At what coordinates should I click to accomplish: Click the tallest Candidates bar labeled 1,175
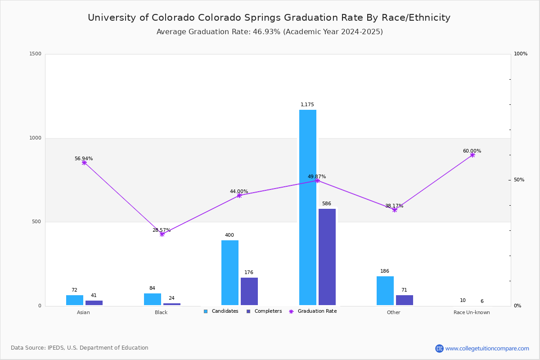tap(308, 207)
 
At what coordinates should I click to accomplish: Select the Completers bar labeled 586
tap(327, 257)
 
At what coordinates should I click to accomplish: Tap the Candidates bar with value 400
tap(230, 272)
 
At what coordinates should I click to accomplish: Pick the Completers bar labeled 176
tap(249, 291)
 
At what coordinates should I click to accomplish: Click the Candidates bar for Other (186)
tap(385, 291)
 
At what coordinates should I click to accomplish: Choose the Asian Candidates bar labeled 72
tap(75, 300)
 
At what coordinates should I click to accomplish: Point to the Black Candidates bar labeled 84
tap(153, 299)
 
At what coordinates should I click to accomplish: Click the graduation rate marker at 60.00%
tap(472, 155)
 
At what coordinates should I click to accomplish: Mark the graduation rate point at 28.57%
tap(162, 234)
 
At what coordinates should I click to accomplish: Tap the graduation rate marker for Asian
tap(84, 163)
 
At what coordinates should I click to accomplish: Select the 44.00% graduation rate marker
tap(239, 196)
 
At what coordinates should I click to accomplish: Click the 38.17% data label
tap(394, 206)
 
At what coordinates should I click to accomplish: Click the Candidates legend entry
tap(221, 311)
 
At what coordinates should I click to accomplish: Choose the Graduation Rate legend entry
tap(313, 311)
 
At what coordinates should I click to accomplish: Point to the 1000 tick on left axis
tap(35, 138)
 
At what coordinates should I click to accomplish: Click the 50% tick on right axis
tap(519, 180)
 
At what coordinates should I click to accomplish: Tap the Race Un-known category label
tap(472, 312)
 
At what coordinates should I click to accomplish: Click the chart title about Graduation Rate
tap(269, 18)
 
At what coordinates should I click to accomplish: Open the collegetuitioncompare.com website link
tap(487, 348)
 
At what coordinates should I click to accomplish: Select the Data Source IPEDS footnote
tap(80, 348)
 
